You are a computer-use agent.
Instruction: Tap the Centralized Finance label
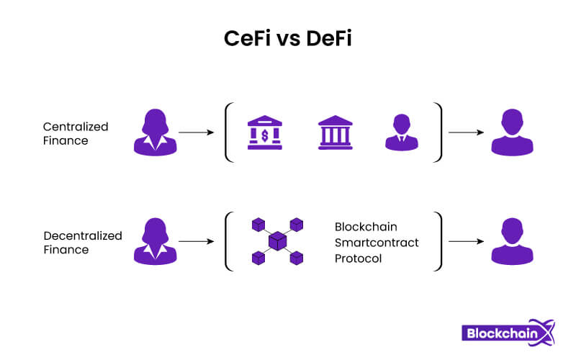coord(75,133)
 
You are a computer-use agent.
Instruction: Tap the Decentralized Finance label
coord(82,243)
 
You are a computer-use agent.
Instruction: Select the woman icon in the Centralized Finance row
coord(155,132)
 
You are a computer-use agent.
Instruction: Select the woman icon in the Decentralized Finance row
coord(155,241)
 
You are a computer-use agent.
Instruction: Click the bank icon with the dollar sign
coord(265,133)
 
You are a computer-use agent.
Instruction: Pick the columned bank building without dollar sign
coord(336,133)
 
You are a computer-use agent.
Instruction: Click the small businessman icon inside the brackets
coord(401,133)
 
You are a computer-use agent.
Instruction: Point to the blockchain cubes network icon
coord(276,241)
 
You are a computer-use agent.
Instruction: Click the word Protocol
coord(358,258)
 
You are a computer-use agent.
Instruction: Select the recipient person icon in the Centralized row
coord(512,132)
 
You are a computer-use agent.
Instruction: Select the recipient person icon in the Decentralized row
coord(512,241)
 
